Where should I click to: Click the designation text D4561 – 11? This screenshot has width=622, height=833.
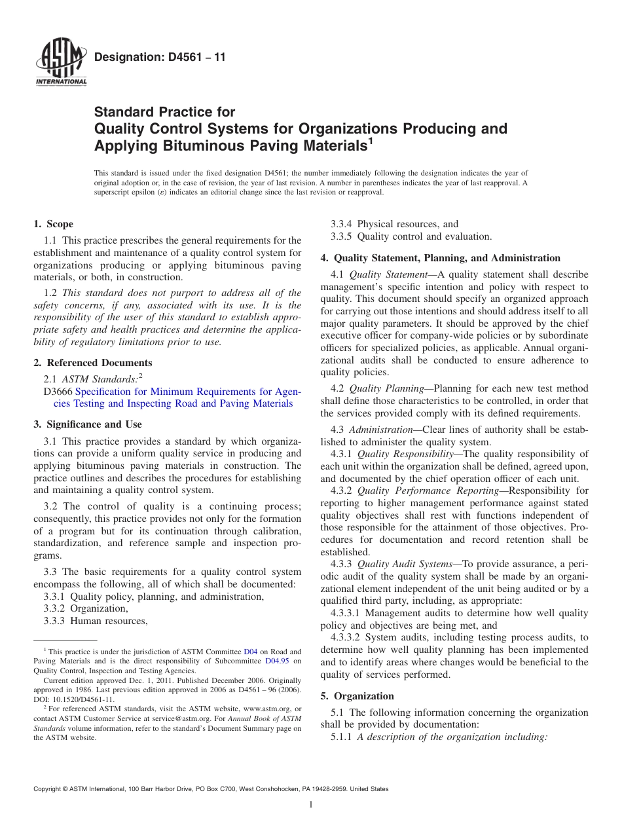(x=160, y=57)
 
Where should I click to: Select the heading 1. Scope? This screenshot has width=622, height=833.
(x=54, y=224)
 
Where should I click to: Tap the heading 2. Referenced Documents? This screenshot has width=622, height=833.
(x=93, y=363)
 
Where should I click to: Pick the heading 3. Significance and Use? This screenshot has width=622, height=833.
(x=88, y=424)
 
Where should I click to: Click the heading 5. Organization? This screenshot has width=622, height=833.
(x=357, y=696)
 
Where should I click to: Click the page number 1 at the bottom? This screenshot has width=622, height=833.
(x=311, y=805)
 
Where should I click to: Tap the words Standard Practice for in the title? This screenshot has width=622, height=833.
(x=164, y=112)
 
